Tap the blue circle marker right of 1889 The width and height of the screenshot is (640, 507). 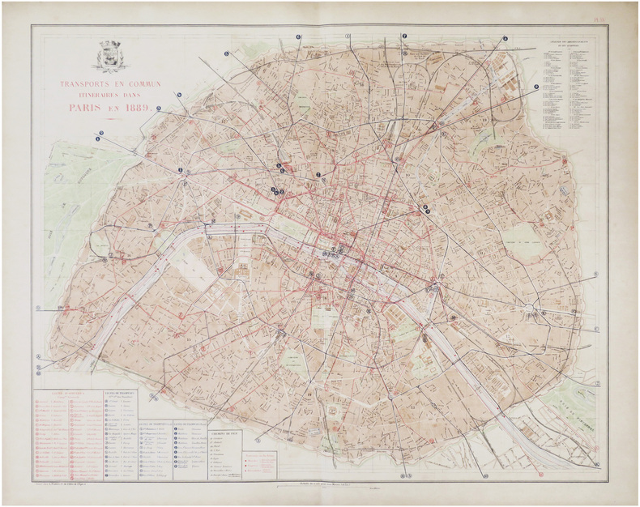click(159, 109)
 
